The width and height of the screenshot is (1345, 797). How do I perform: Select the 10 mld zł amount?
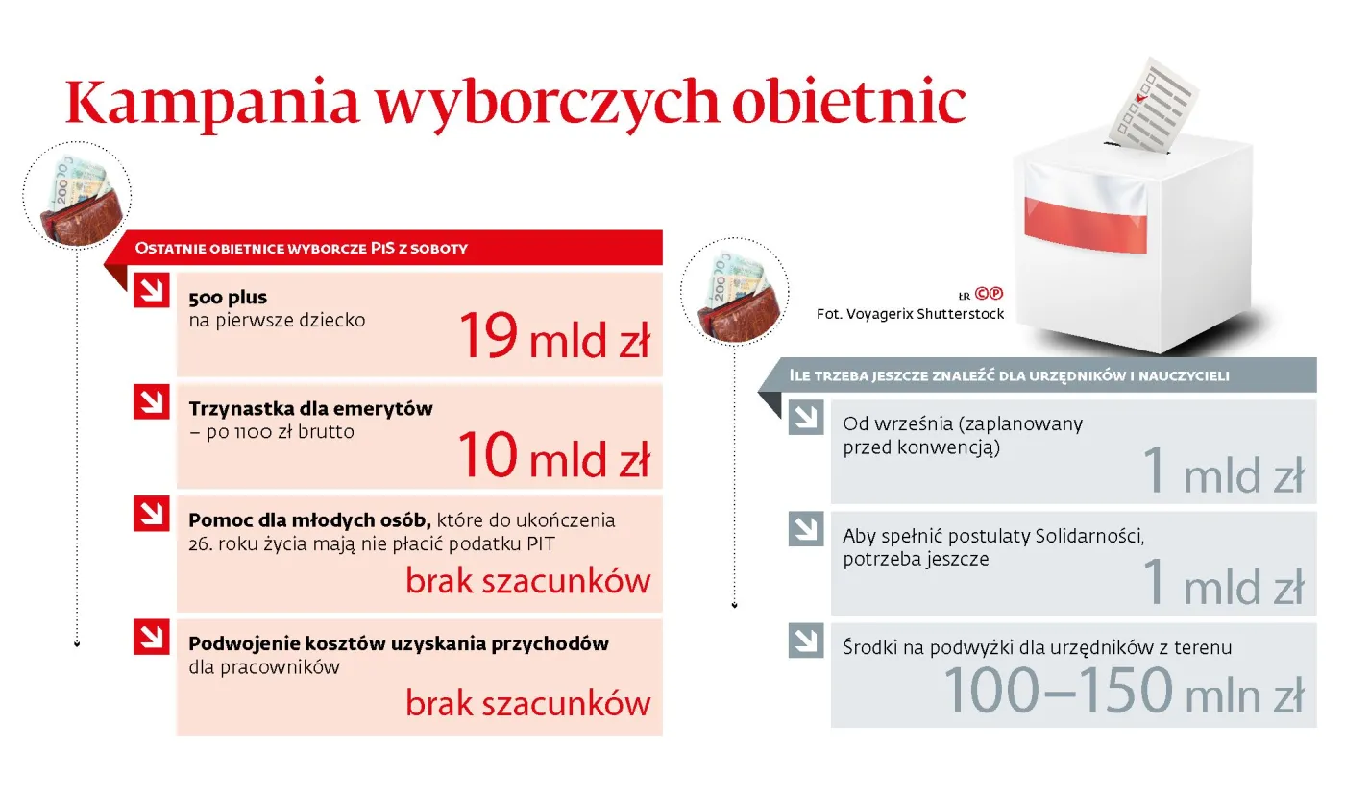point(553,455)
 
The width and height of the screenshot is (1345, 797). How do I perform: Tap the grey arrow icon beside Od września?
point(806,417)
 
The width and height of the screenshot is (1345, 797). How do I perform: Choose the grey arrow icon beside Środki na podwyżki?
point(806,640)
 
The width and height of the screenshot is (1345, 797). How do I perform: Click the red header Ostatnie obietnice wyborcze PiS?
point(384,248)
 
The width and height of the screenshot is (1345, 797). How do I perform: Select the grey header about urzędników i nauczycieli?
point(1038,375)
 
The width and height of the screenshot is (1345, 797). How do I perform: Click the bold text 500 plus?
point(228,298)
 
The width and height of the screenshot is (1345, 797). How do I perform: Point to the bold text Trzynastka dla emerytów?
point(310,408)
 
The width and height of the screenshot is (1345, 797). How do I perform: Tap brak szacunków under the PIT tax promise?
point(527,581)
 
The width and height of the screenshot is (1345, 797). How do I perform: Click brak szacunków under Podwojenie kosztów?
point(527,703)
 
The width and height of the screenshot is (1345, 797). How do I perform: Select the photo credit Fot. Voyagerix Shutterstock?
point(910,314)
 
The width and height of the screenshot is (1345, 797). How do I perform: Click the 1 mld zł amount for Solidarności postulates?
point(1223,583)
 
